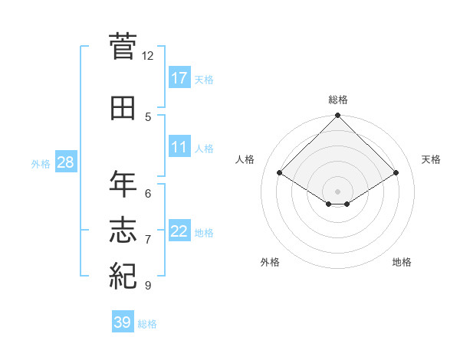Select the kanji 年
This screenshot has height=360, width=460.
point(123,185)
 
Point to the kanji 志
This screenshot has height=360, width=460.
point(123,231)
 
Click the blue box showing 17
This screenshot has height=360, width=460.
point(179,78)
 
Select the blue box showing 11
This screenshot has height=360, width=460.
point(179,147)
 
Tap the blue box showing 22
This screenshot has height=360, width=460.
point(179,231)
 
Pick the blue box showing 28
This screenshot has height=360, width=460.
point(65,162)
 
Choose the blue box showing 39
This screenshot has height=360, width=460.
point(123,322)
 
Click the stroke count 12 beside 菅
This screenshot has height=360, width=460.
point(148,56)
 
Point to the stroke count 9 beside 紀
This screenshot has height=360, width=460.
point(148,286)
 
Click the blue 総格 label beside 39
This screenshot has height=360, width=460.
point(147,324)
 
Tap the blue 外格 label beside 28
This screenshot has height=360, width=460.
point(41,163)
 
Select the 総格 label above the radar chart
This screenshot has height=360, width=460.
point(338,100)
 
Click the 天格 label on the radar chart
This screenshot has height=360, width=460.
point(432,159)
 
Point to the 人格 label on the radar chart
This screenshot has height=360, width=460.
point(245,159)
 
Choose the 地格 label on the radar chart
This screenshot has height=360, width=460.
point(402,263)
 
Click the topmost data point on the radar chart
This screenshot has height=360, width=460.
point(338,116)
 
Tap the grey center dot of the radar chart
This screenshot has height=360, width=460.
point(338,190)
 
